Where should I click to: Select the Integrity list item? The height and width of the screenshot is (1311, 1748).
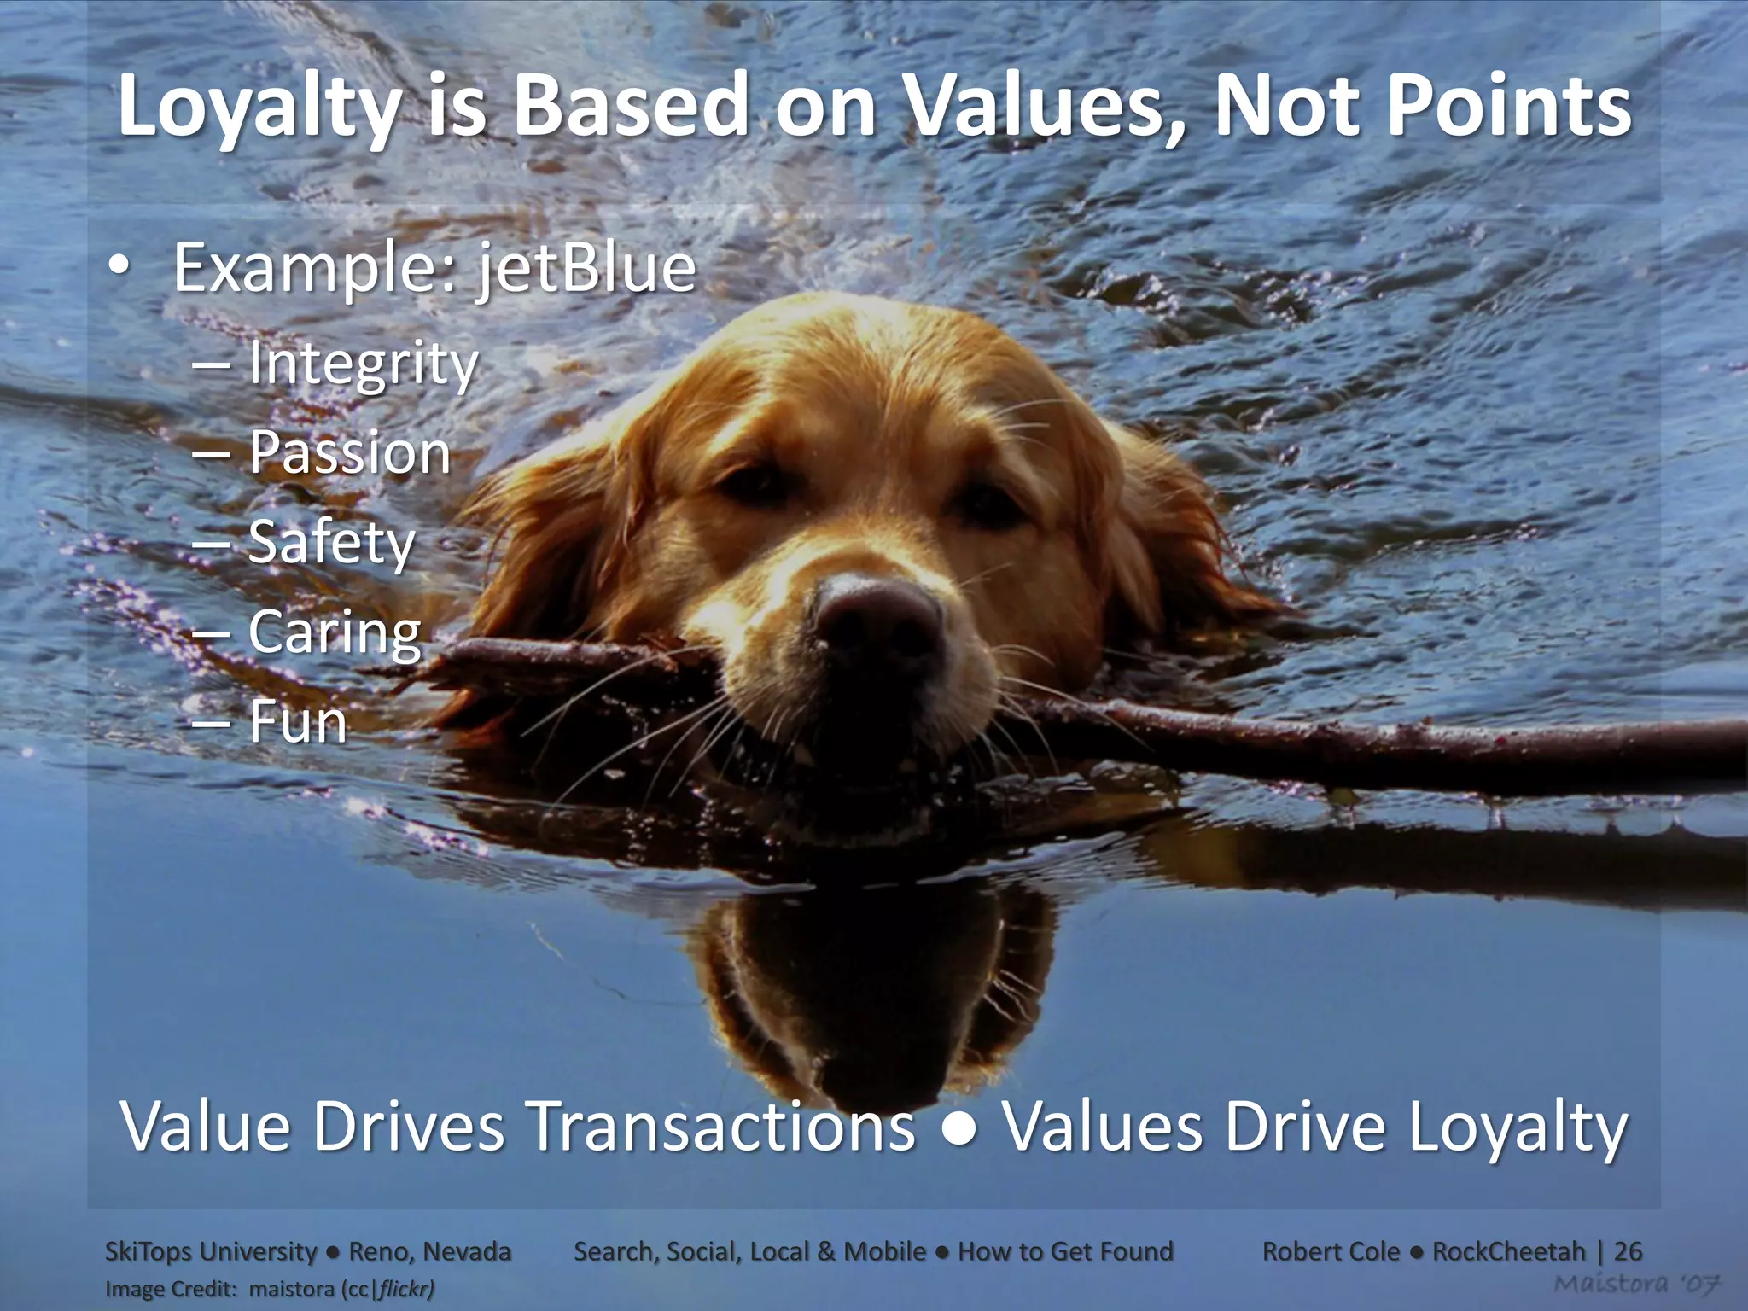coord(363,364)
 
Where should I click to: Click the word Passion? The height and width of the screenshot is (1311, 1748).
coord(349,453)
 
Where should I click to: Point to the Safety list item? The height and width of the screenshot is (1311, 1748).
coord(331,544)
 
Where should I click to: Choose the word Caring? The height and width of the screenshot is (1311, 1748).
coord(335,633)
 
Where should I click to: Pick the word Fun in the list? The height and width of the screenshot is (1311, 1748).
coord(297,723)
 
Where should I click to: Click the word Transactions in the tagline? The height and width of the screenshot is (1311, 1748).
coord(722,1127)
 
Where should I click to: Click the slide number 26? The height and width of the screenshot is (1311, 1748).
coord(1628,1251)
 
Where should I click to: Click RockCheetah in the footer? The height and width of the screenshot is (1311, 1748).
coord(1508,1251)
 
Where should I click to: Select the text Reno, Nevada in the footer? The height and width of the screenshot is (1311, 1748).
coord(430,1251)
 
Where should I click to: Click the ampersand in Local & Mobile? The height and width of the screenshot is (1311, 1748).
coord(825,1251)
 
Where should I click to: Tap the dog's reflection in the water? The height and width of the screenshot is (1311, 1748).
coord(879,982)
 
